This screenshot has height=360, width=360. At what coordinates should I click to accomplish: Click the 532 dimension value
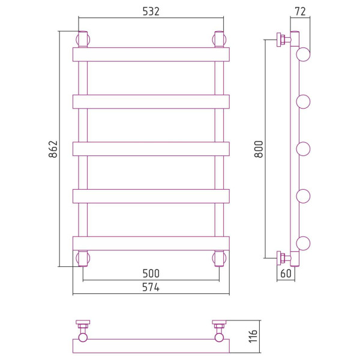point(151,11)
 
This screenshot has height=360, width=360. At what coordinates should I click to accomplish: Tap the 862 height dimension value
point(53,149)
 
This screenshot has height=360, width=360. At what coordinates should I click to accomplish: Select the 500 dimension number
point(151,274)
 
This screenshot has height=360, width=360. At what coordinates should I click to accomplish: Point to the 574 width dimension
point(151,287)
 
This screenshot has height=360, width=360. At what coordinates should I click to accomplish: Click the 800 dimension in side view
point(259,149)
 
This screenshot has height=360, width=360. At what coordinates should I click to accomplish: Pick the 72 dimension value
point(300,11)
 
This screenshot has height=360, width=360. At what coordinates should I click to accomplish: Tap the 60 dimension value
point(286,274)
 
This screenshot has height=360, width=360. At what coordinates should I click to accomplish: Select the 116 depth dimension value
point(253,336)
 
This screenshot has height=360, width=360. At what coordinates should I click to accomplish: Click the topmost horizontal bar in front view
point(151,55)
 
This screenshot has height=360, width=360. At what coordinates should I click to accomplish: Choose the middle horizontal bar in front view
point(151,149)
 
